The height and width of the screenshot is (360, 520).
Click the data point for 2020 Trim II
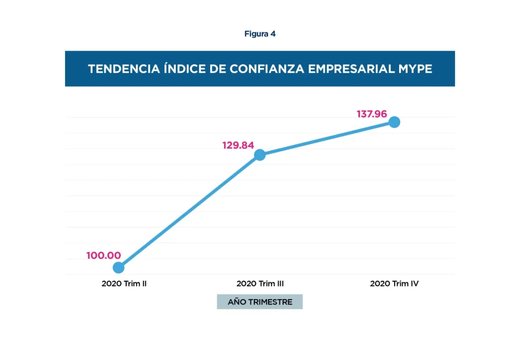click(x=118, y=267)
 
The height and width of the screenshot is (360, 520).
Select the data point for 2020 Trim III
click(x=259, y=155)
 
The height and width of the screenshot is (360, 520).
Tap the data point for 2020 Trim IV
click(x=394, y=122)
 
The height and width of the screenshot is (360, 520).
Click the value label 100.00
click(x=104, y=255)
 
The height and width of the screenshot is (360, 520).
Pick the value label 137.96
click(x=372, y=114)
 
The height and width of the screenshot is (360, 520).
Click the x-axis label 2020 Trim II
click(x=124, y=284)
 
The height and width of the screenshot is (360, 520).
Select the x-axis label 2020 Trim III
click(x=260, y=284)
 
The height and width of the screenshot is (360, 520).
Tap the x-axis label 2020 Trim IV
click(x=394, y=284)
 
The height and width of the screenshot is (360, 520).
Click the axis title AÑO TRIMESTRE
click(x=260, y=302)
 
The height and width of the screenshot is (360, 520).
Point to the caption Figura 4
click(x=260, y=34)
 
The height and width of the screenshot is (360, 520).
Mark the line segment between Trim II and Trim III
click(x=189, y=211)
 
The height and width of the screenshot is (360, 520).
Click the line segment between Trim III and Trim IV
click(x=327, y=139)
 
